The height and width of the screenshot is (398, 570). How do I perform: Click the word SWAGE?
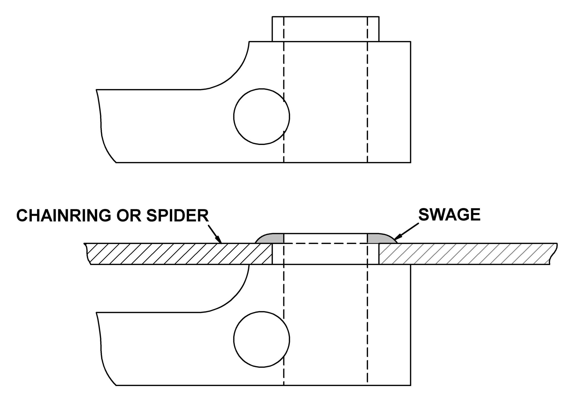tap(449, 215)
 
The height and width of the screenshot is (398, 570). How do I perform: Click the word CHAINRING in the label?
tap(64, 216)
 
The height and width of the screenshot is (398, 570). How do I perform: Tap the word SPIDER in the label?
tap(178, 216)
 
